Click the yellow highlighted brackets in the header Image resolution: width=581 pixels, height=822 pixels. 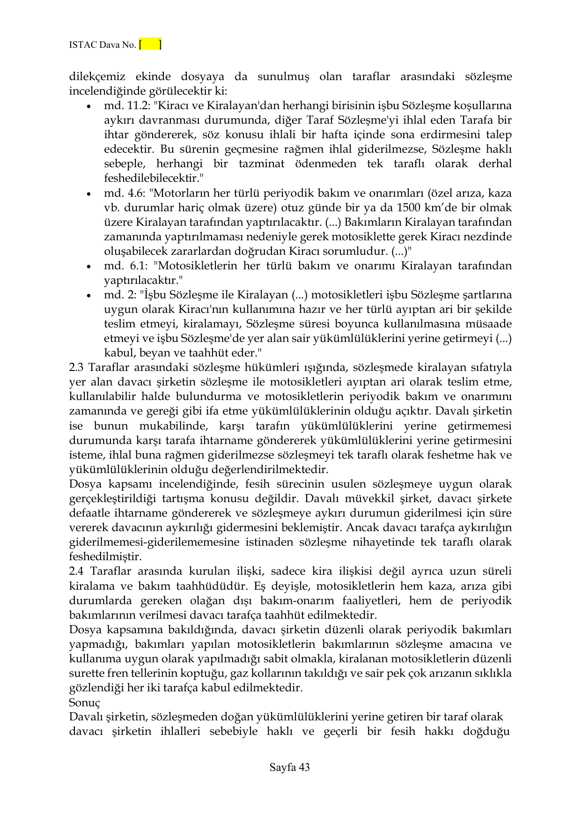point(150,45)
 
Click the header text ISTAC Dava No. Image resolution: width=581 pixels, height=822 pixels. point(102,45)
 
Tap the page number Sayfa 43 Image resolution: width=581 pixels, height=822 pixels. point(290,767)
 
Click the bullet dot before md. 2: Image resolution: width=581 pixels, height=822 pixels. point(88,296)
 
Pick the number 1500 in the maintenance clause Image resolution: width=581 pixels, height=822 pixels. point(410,208)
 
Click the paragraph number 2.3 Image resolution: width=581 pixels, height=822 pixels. point(77,368)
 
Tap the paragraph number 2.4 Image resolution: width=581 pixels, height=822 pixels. point(77,572)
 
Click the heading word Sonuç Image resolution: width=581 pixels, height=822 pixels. point(84,703)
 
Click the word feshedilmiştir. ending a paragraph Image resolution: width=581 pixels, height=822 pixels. point(105,557)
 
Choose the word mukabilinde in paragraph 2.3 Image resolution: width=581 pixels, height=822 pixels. point(173,426)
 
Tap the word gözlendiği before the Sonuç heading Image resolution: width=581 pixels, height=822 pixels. point(97,688)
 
